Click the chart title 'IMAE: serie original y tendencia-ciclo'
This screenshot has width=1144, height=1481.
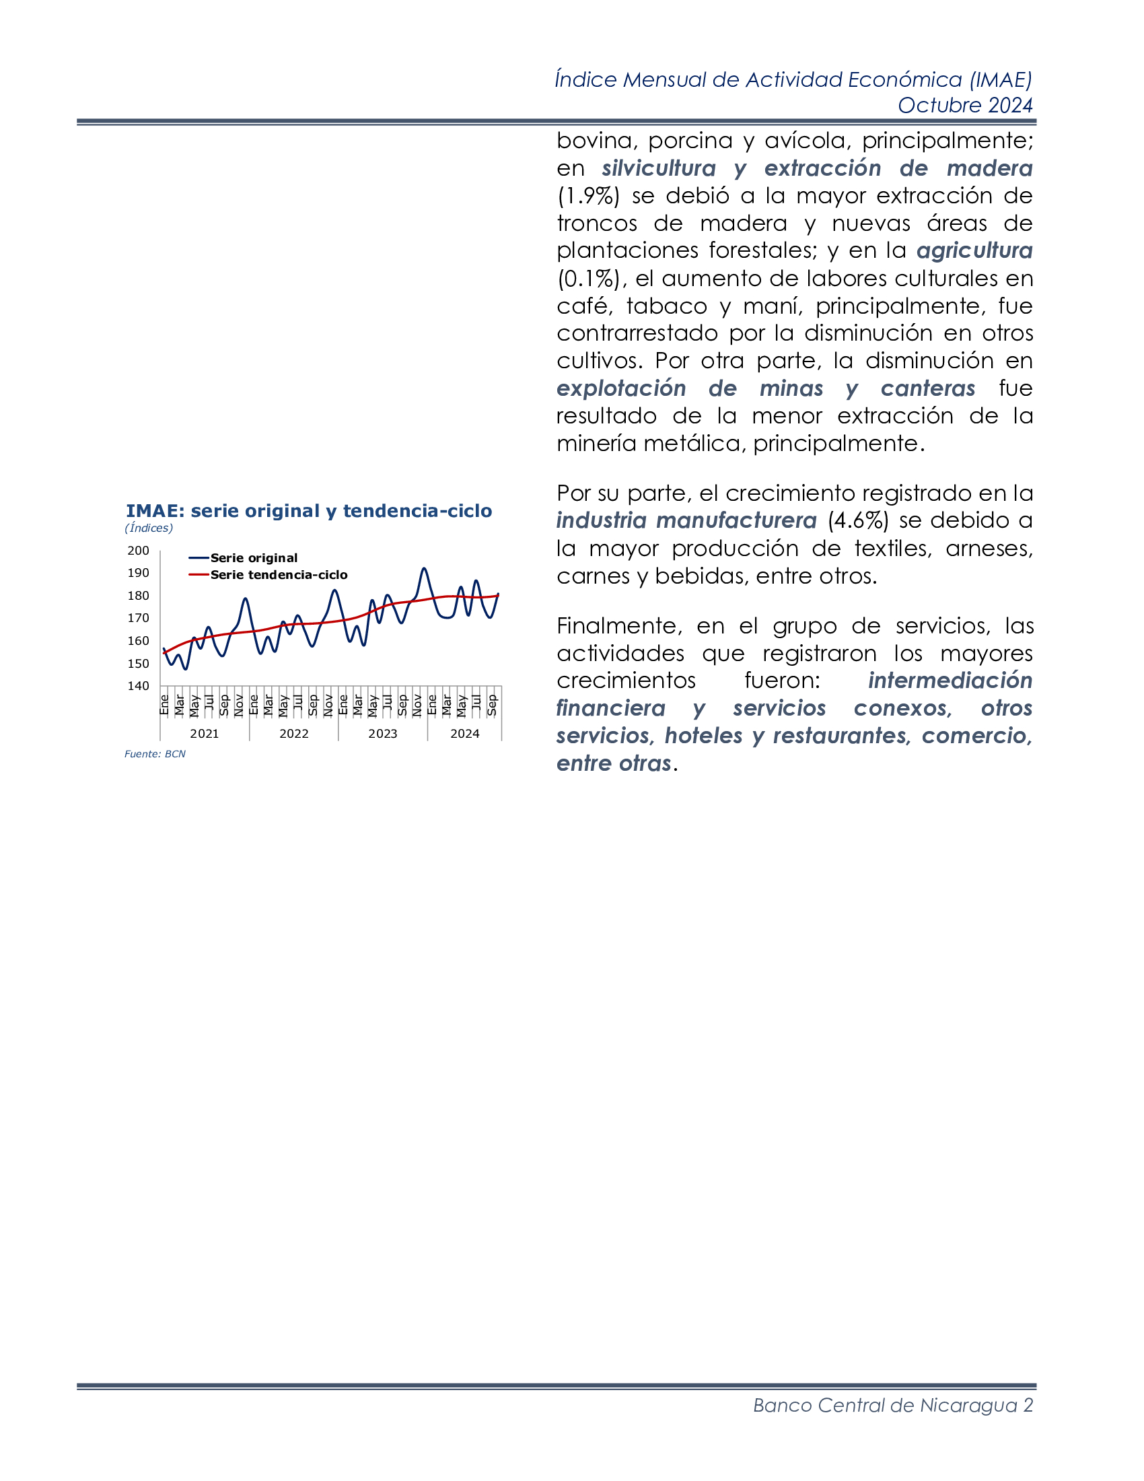308,511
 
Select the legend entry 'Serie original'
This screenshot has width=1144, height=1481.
254,557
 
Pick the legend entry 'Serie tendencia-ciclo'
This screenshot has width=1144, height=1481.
279,574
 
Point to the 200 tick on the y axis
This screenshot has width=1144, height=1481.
138,551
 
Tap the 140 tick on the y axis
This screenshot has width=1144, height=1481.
138,685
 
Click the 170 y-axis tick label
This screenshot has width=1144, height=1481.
138,618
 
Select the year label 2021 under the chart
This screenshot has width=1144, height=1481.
204,733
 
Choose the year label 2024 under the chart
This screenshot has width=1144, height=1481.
465,733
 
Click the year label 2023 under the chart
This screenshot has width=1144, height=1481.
382,733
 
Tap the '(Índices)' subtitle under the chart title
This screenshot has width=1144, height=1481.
149,528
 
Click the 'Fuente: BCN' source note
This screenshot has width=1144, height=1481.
155,753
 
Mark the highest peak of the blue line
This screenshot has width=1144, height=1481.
424,569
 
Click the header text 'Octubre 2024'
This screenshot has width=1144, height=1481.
964,105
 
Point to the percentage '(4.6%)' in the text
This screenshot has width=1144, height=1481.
857,520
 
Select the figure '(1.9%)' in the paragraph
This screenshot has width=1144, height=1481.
588,196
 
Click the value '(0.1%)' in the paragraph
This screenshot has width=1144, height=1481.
588,278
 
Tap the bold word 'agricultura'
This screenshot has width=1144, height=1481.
974,251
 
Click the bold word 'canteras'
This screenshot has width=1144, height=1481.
927,388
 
